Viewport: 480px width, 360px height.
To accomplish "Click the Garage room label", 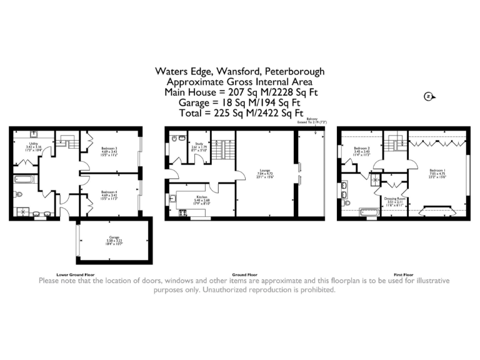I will (x=114, y=239).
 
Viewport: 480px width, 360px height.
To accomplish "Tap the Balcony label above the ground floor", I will (x=312, y=121).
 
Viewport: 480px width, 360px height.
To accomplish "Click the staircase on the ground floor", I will (x=219, y=151).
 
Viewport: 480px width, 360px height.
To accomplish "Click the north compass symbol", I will (x=428, y=96).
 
